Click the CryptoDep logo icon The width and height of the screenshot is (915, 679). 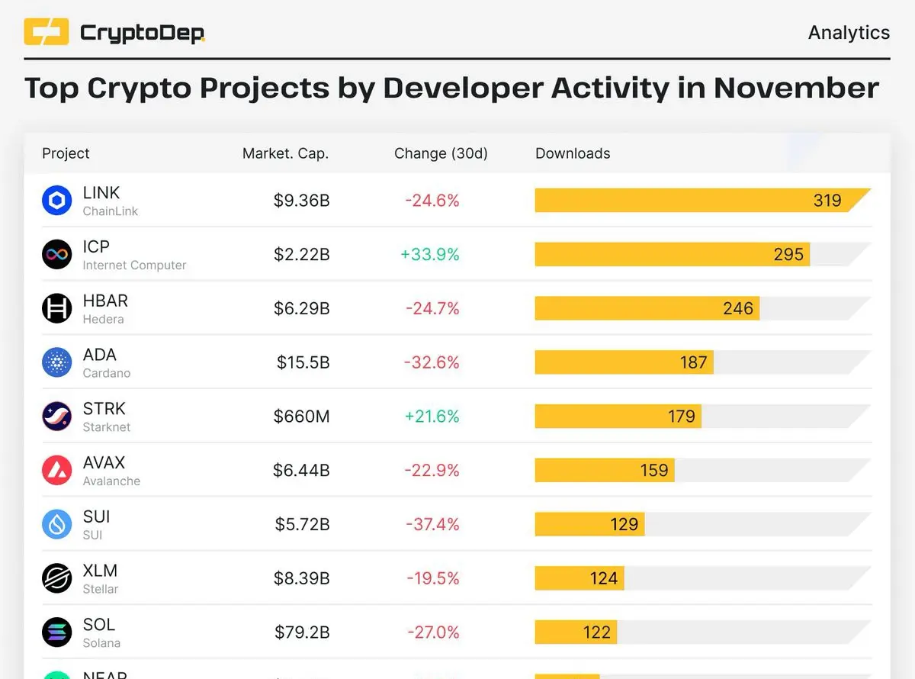click(x=47, y=32)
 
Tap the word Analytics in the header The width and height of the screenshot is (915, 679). click(x=849, y=33)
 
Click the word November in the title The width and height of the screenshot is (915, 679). click(x=796, y=88)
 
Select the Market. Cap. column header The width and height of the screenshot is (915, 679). click(x=285, y=153)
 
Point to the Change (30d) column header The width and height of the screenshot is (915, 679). click(x=441, y=153)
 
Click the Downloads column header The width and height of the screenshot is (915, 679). click(x=573, y=153)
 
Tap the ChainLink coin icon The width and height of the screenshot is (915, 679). click(x=57, y=201)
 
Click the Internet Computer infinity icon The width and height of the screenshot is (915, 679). click(x=57, y=254)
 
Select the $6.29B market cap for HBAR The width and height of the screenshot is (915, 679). click(x=302, y=308)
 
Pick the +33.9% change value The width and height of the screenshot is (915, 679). click(x=430, y=254)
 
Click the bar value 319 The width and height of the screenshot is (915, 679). click(x=827, y=201)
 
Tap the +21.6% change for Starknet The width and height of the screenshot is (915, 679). click(x=432, y=417)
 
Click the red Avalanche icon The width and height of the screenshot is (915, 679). click(x=57, y=470)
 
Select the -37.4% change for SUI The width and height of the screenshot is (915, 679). click(x=432, y=524)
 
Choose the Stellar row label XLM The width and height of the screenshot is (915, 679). click(x=100, y=571)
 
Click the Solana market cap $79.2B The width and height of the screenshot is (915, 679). click(x=302, y=632)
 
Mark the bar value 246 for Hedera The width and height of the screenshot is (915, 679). click(x=738, y=308)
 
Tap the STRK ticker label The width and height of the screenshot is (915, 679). click(x=104, y=409)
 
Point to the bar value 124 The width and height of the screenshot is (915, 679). click(x=603, y=578)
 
